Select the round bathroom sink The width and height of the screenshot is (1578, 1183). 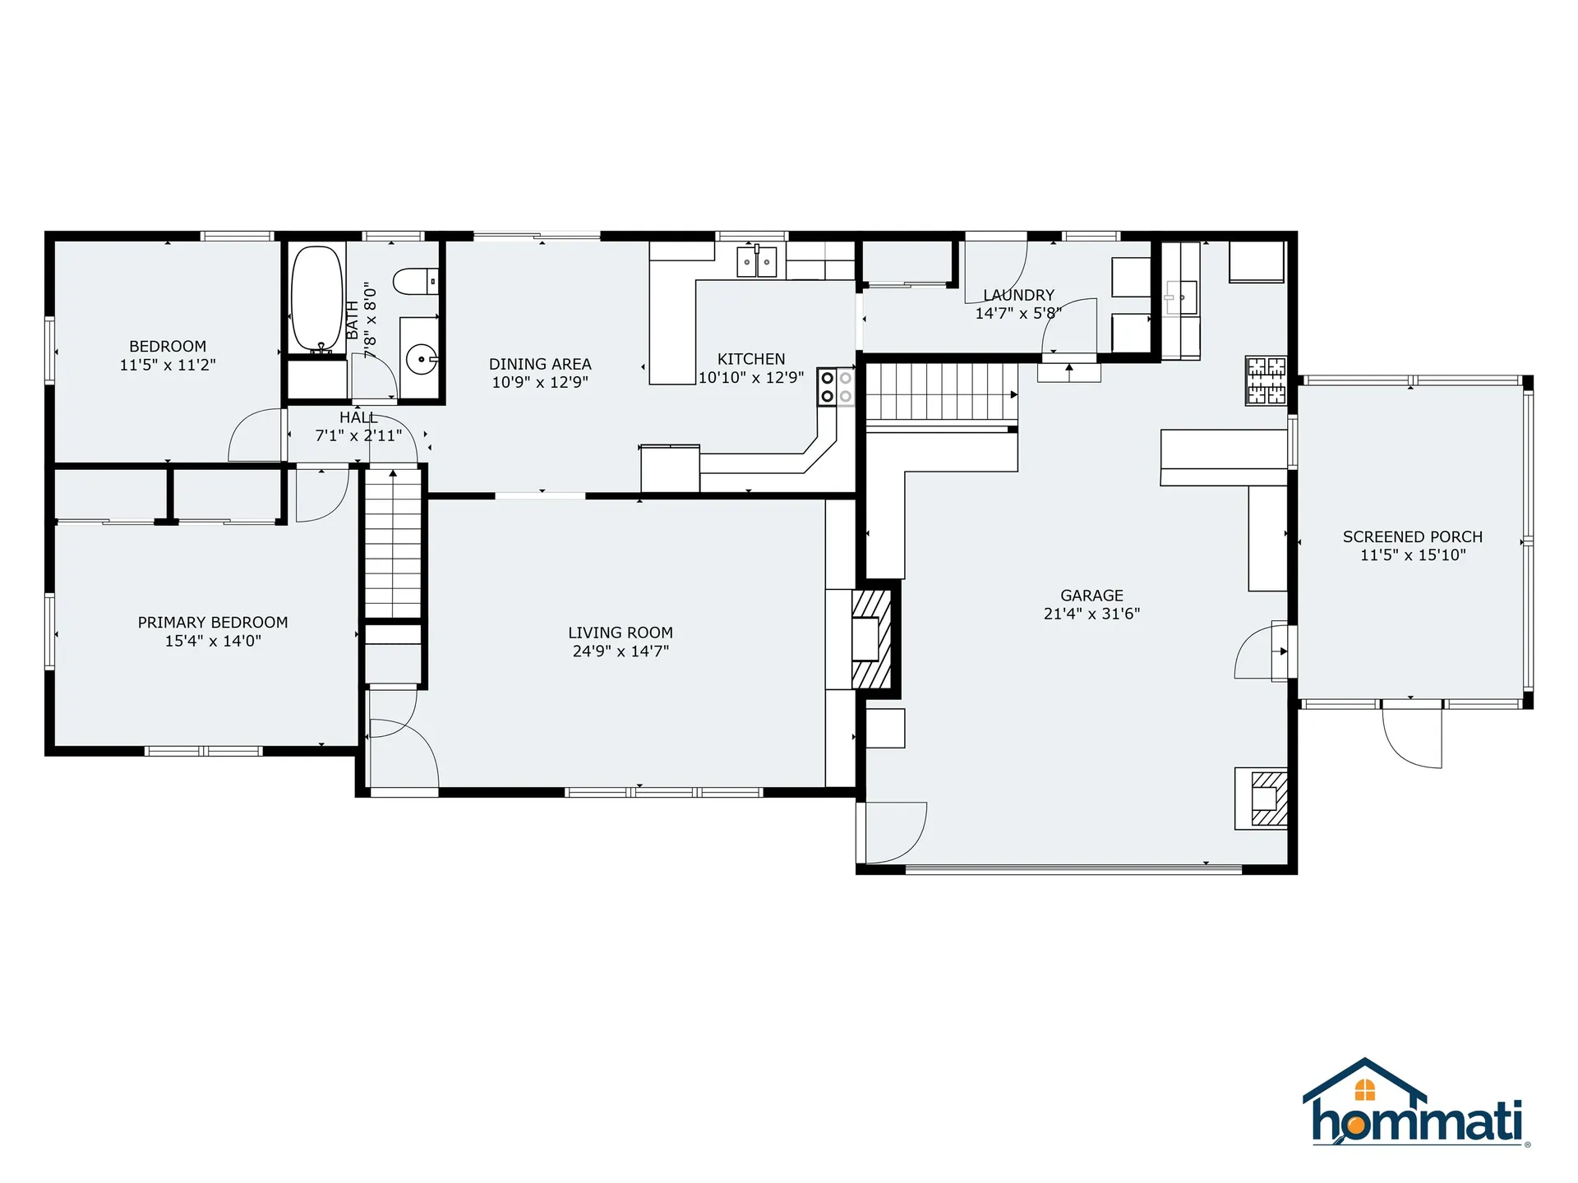tap(421, 359)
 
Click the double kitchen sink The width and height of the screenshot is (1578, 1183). tap(756, 262)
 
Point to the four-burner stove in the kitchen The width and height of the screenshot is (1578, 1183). tap(836, 387)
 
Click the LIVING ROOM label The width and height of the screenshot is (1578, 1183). tap(621, 633)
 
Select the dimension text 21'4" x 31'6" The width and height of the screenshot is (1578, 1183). tap(1091, 614)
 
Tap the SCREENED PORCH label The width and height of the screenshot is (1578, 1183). tap(1412, 536)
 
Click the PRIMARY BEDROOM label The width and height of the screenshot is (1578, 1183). tap(213, 622)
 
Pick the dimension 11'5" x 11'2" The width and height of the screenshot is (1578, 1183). tap(168, 365)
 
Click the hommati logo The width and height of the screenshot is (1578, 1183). tap(1416, 1105)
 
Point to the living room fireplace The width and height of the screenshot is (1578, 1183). tap(870, 639)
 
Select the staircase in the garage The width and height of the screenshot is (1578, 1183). tap(941, 393)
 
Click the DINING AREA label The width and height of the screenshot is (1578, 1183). tap(540, 363)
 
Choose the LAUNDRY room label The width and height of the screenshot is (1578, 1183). tap(1018, 295)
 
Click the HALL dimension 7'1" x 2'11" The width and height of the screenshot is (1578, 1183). tap(358, 435)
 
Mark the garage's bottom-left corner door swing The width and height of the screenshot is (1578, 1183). tap(894, 831)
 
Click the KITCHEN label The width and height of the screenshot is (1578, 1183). tap(751, 359)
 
